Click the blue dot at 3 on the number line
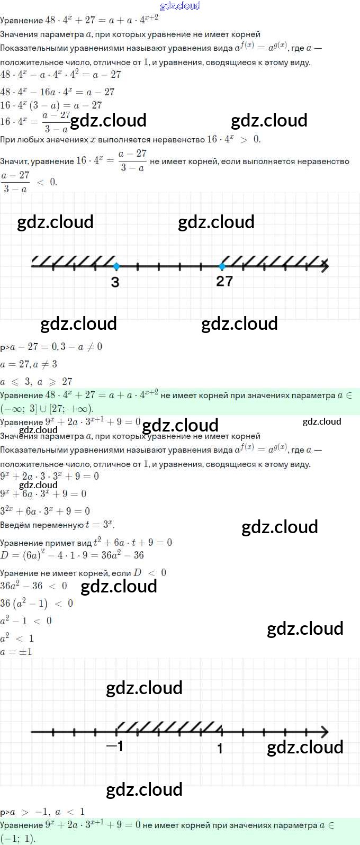[116, 266]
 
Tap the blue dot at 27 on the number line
[222, 266]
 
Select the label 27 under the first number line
[224, 281]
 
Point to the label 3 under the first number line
[115, 282]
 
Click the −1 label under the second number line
[115, 747]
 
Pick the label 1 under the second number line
[220, 748]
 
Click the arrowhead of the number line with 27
[325, 266]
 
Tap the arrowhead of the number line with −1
[325, 732]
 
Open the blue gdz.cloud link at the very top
[180, 6]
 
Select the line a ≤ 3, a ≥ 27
[37, 381]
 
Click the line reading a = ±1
[16, 652]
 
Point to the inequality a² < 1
[17, 637]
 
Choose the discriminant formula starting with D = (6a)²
[72, 555]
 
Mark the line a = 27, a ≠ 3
[29, 364]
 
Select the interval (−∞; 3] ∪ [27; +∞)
[48, 409]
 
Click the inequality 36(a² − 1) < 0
[37, 603]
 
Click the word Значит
[14, 161]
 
